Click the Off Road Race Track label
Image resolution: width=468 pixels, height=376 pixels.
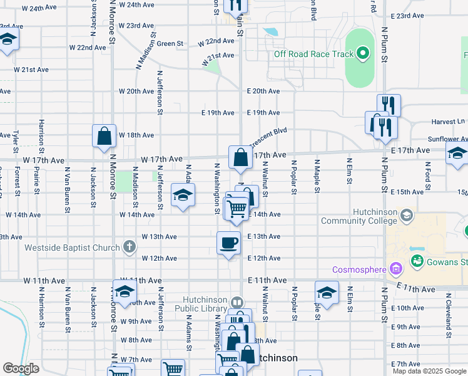coord(313,54)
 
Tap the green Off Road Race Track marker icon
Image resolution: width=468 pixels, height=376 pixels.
coord(362,53)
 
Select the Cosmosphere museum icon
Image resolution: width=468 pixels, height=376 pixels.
coord(395,269)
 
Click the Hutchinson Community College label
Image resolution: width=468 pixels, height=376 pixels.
coord(359,216)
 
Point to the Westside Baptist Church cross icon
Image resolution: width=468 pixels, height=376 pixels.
coord(129,246)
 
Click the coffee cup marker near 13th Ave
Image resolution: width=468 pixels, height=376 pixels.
coord(228,243)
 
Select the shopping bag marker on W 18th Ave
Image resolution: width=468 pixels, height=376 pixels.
coord(104,136)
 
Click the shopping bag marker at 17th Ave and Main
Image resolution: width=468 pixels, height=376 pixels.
coord(240,157)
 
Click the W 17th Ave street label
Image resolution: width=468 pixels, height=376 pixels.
coord(161,160)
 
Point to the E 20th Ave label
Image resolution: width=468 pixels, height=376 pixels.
coord(263,91)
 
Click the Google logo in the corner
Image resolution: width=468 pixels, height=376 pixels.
coord(21,368)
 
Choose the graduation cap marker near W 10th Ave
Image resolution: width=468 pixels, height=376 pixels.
coord(125,291)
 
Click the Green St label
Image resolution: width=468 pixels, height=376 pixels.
coord(170,44)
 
